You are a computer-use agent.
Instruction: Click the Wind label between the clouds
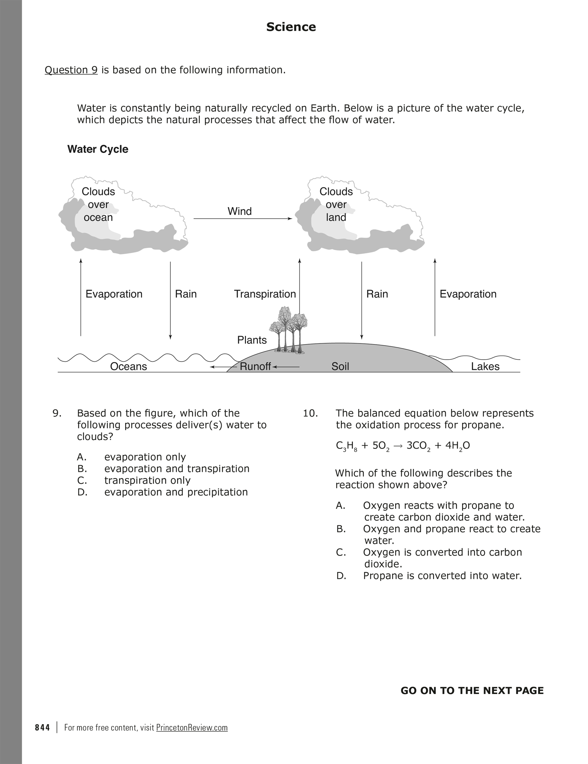coord(240,211)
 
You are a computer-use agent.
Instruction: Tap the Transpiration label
coord(265,294)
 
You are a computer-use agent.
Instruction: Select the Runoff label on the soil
coord(255,366)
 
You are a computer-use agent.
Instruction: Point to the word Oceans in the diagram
coord(128,366)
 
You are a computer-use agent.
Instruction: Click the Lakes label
coord(485,366)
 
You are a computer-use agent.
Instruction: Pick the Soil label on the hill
coord(340,366)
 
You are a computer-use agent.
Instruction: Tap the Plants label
coord(252,340)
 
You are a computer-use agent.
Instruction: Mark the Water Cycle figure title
coord(98,149)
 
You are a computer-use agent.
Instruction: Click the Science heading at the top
coord(291,27)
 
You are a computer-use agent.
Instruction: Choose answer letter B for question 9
coord(82,469)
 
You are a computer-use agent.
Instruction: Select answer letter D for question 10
coord(341,576)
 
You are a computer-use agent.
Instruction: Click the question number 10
coord(310,413)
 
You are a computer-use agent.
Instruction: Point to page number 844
coord(43,728)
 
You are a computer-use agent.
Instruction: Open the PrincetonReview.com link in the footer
coord(192,728)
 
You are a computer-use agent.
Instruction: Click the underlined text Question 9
coord(71,70)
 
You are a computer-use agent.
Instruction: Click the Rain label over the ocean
coord(186,294)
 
